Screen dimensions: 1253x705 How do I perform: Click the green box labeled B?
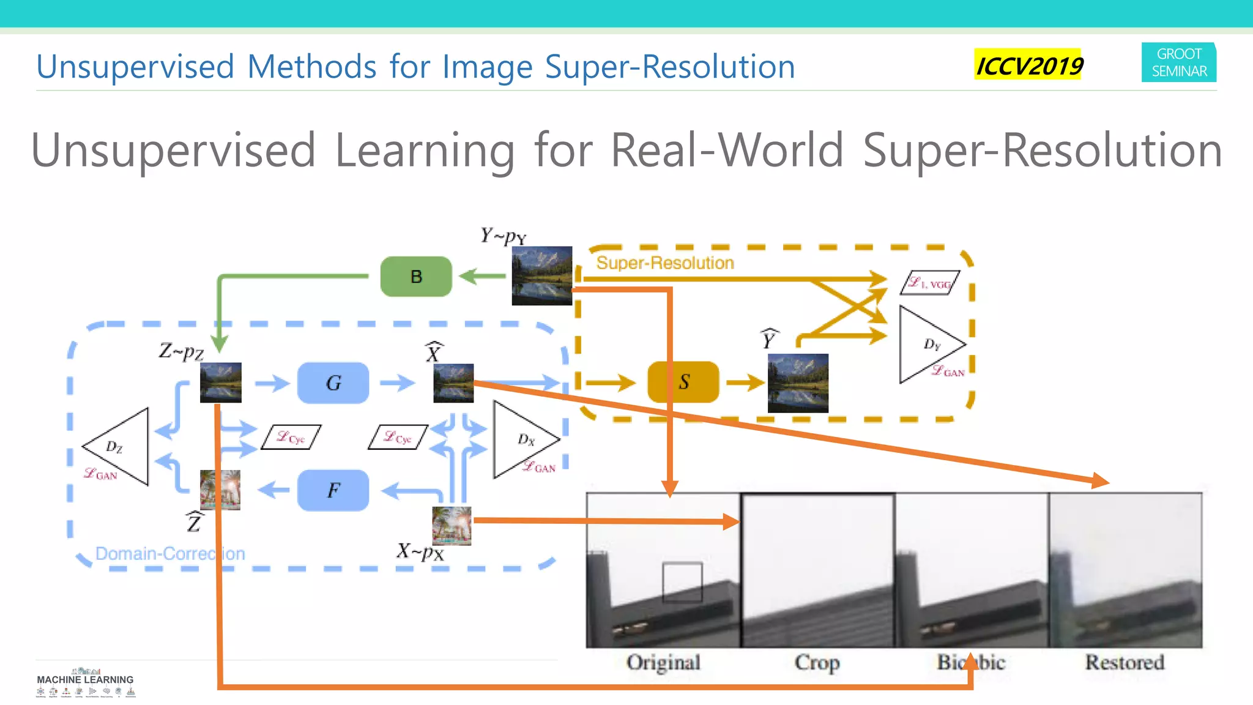point(416,277)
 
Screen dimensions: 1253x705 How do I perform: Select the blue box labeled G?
point(333,383)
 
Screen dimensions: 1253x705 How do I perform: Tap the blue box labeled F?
point(333,490)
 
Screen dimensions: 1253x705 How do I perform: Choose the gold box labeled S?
point(683,382)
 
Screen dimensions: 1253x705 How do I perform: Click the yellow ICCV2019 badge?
point(1028,65)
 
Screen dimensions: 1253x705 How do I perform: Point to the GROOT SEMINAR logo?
point(1179,62)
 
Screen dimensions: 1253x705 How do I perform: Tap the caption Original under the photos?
point(663,662)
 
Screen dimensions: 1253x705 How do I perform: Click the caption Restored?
point(1125,662)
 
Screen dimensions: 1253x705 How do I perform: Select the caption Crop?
point(817,662)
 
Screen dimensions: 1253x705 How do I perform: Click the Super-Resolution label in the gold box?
point(665,263)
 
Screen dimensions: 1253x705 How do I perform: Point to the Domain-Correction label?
point(170,554)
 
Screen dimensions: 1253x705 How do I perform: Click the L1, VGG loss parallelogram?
point(929,283)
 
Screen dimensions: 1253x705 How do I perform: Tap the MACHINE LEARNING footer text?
point(85,680)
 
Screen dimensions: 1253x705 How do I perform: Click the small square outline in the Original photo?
point(682,582)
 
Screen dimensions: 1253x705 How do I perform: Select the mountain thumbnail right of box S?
point(798,383)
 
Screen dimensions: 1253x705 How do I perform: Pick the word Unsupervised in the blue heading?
point(135,67)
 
